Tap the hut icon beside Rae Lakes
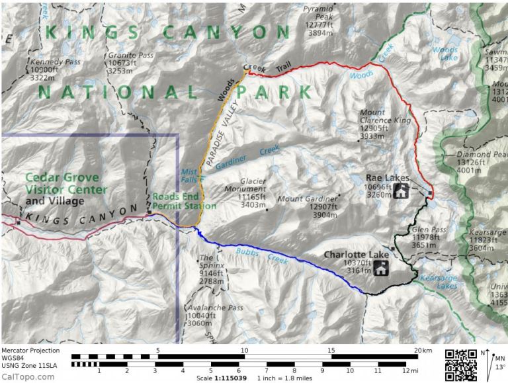[x=402, y=192]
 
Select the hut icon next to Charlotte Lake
[x=382, y=268]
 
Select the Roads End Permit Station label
[x=184, y=201]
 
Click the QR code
[x=460, y=364]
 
